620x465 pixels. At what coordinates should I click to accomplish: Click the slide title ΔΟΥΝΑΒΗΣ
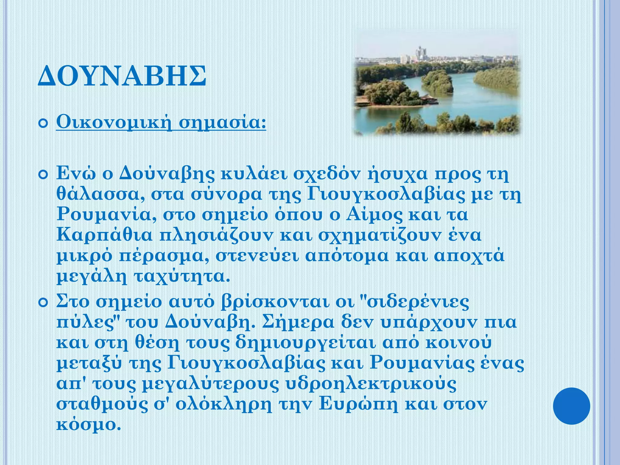(122, 76)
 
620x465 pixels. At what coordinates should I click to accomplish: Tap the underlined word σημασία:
(223, 123)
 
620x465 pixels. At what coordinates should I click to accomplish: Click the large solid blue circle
(571, 406)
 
